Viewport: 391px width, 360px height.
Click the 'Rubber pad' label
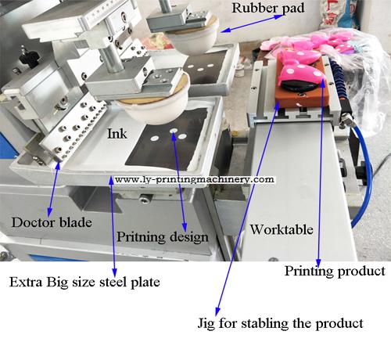tap(268, 8)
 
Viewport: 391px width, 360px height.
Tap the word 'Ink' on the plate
tap(117, 134)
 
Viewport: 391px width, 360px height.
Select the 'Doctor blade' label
tap(52, 222)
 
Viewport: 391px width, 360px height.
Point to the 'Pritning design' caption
tap(162, 237)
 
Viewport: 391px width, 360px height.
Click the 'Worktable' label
tap(282, 229)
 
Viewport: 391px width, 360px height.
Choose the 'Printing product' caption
tap(335, 271)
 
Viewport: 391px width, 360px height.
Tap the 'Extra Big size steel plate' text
tap(84, 282)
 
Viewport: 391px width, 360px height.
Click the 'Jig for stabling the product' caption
tap(280, 323)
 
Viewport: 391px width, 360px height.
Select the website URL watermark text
tap(195, 179)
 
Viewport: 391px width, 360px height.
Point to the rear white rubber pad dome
tap(194, 39)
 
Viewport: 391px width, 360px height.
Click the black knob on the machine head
tap(28, 56)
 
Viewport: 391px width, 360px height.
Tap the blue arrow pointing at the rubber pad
tap(252, 23)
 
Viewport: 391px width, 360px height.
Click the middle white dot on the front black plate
tap(174, 131)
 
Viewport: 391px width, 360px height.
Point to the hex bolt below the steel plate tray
tap(144, 199)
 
